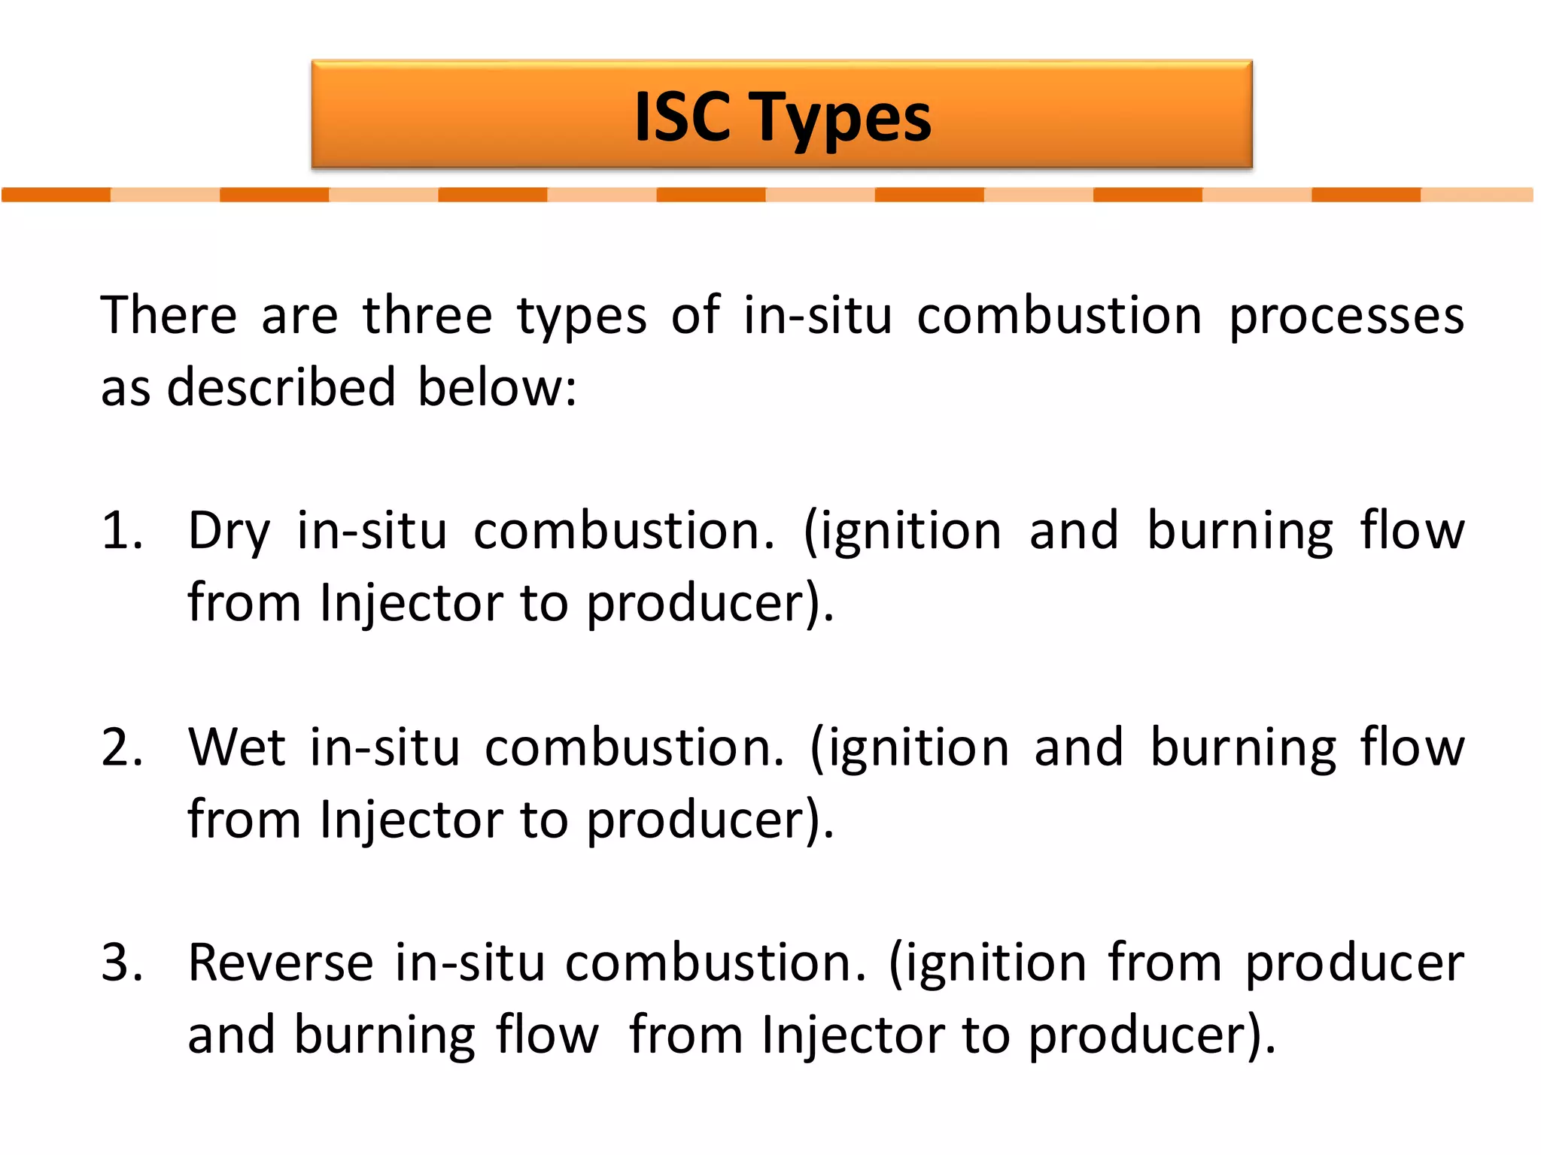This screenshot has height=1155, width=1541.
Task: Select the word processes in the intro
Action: click(x=1346, y=316)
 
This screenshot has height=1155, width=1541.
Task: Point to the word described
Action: click(x=281, y=387)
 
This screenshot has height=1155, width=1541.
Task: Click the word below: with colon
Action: click(x=497, y=387)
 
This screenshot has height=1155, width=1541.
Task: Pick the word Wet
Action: click(x=236, y=747)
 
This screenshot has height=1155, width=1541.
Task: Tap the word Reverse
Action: click(x=280, y=962)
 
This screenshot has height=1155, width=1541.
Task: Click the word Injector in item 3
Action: click(x=853, y=1035)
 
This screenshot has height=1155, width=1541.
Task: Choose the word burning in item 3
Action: click(x=384, y=1035)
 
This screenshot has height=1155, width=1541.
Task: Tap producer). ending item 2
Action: click(x=710, y=820)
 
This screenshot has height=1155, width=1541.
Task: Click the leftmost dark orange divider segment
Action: click(x=56, y=195)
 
